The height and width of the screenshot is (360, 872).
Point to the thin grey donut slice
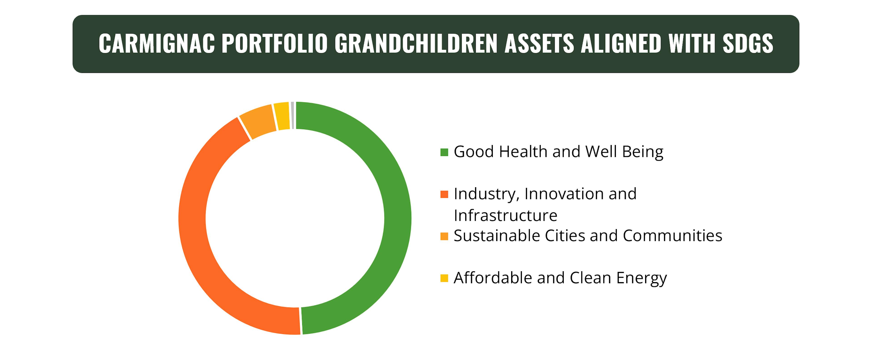click(292, 115)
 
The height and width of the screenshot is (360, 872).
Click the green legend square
click(444, 152)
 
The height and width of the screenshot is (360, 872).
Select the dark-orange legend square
click(444, 194)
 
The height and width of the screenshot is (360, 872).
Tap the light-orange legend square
click(444, 236)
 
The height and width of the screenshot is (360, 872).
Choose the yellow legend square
click(444, 278)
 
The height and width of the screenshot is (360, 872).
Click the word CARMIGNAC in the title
click(157, 44)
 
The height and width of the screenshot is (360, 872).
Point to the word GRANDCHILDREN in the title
click(416, 44)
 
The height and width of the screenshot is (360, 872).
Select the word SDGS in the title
click(748, 44)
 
